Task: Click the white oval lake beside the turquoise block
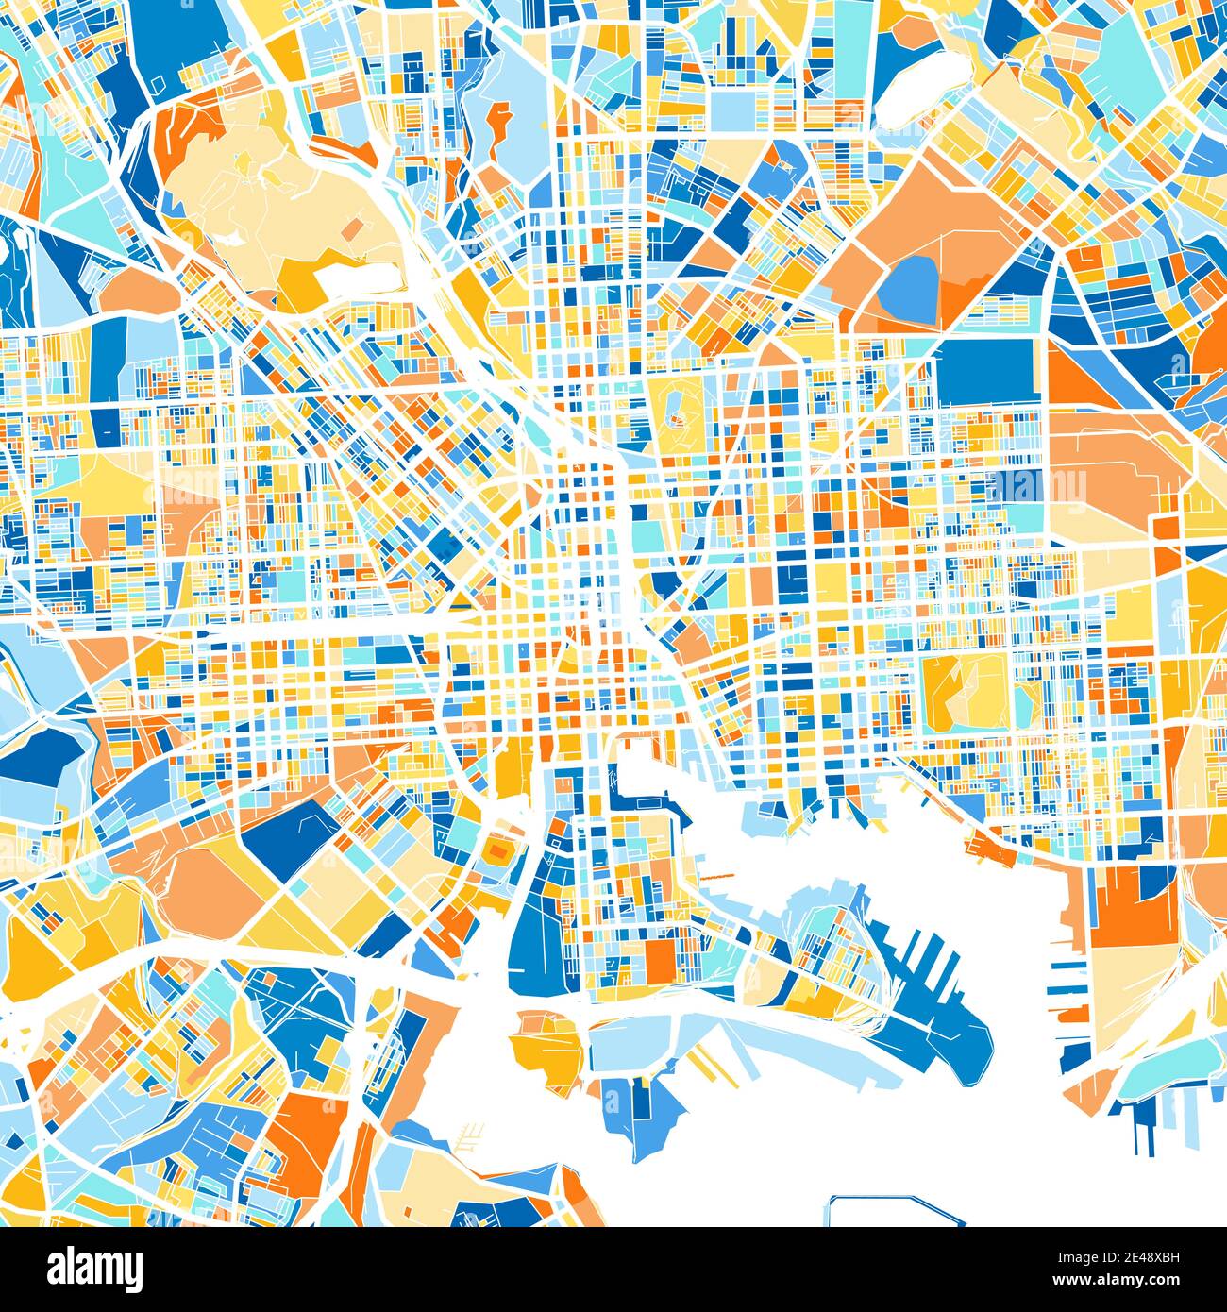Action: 913,91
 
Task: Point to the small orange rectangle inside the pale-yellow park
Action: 351,227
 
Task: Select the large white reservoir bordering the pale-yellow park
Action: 355,278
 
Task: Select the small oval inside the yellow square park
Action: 676,412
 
